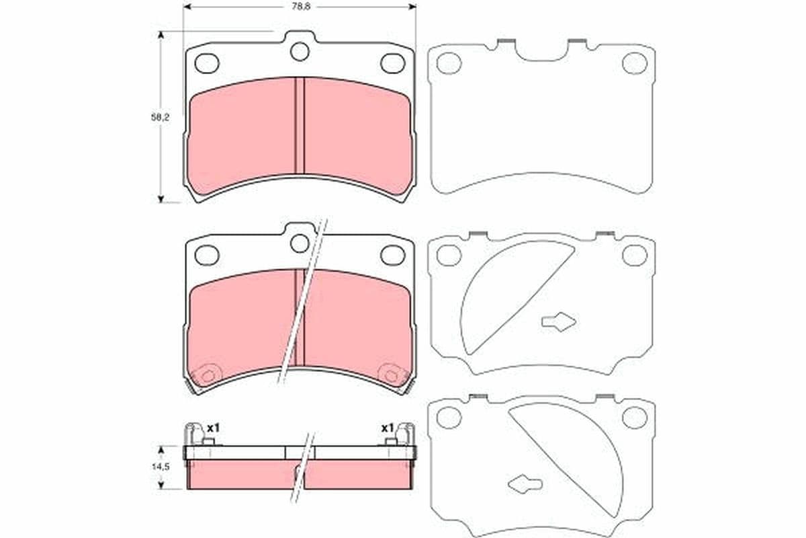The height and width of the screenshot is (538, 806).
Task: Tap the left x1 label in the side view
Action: pos(214,427)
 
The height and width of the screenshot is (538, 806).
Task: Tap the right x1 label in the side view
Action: pos(387,427)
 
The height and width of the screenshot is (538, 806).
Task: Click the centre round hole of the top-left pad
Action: pos(300,51)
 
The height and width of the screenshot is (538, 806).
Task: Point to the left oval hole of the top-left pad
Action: pos(207,63)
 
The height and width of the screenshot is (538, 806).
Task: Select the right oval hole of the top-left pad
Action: pos(392,63)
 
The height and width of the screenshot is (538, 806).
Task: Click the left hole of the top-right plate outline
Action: pos(448,63)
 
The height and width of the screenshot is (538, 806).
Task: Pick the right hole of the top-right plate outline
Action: pos(634,63)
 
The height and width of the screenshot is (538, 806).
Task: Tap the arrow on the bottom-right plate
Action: pos(525,483)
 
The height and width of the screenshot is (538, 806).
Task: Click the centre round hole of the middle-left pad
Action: pos(300,243)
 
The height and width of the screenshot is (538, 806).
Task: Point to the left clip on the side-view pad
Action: pos(195,433)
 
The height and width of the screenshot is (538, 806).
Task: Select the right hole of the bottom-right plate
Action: pos(634,417)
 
